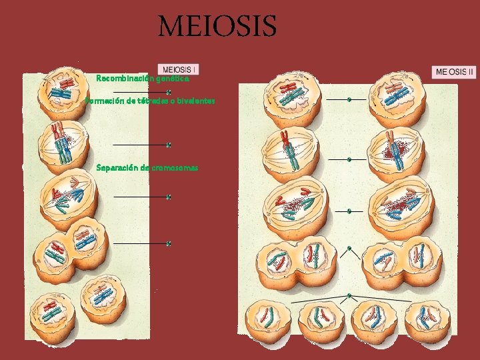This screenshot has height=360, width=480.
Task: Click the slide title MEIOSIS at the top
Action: point(217,27)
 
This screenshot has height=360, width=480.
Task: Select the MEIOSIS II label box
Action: point(455,71)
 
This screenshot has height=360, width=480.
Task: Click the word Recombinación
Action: point(121,78)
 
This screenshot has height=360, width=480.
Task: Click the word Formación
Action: point(105,101)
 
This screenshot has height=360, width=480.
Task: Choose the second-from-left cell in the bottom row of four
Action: point(321,320)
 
